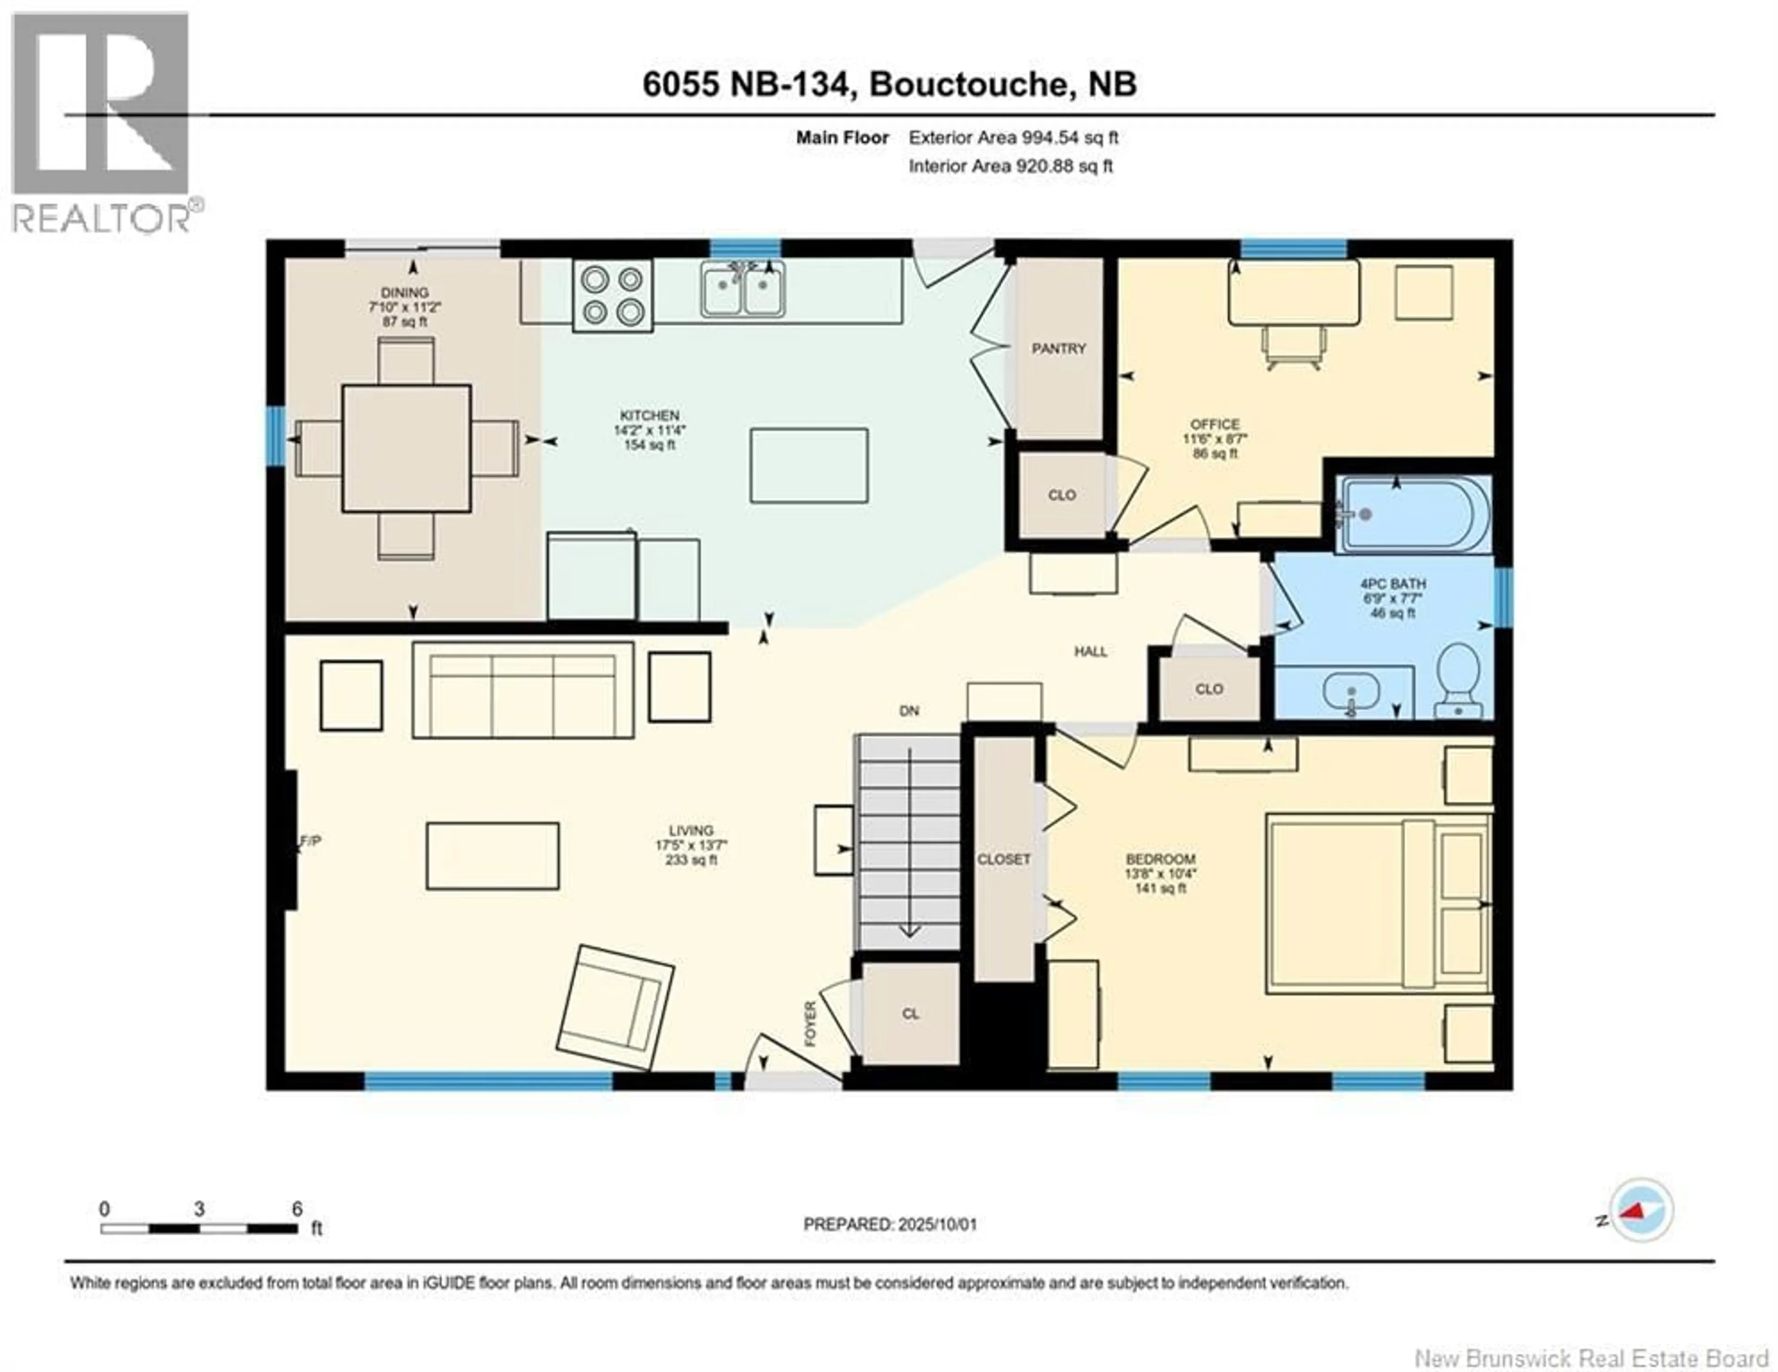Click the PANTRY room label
point(1058,348)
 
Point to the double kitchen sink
point(743,289)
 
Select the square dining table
point(406,449)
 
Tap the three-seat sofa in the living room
point(523,690)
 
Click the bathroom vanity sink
point(1351,694)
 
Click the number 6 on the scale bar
point(297,1209)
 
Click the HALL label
point(1090,651)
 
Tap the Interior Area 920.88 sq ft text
point(1010,166)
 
